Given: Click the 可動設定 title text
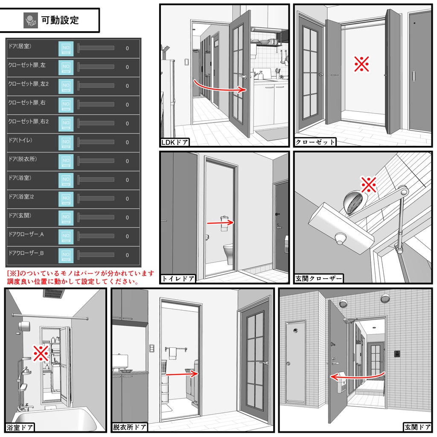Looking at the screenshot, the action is click(60, 20).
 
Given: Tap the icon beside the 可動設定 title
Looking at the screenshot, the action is click(31, 20).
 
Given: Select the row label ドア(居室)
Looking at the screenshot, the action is click(20, 46).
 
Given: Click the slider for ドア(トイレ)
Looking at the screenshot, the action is click(96, 142).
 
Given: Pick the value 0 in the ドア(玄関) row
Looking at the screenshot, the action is click(127, 217).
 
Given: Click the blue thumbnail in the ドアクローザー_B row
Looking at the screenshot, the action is click(66, 255).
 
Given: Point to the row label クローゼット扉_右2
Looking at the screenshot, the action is click(29, 122).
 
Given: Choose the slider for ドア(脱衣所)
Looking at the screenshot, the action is click(96, 161).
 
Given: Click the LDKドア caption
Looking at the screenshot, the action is click(175, 142).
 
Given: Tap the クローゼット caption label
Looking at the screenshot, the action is click(315, 142).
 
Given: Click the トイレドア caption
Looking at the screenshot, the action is click(178, 279).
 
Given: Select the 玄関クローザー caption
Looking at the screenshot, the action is click(318, 279).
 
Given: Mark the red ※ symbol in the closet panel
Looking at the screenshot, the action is click(361, 64).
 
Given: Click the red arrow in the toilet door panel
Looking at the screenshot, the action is click(220, 222).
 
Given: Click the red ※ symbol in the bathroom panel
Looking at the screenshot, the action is click(41, 353).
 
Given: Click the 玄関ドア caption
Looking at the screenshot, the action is click(417, 427).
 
